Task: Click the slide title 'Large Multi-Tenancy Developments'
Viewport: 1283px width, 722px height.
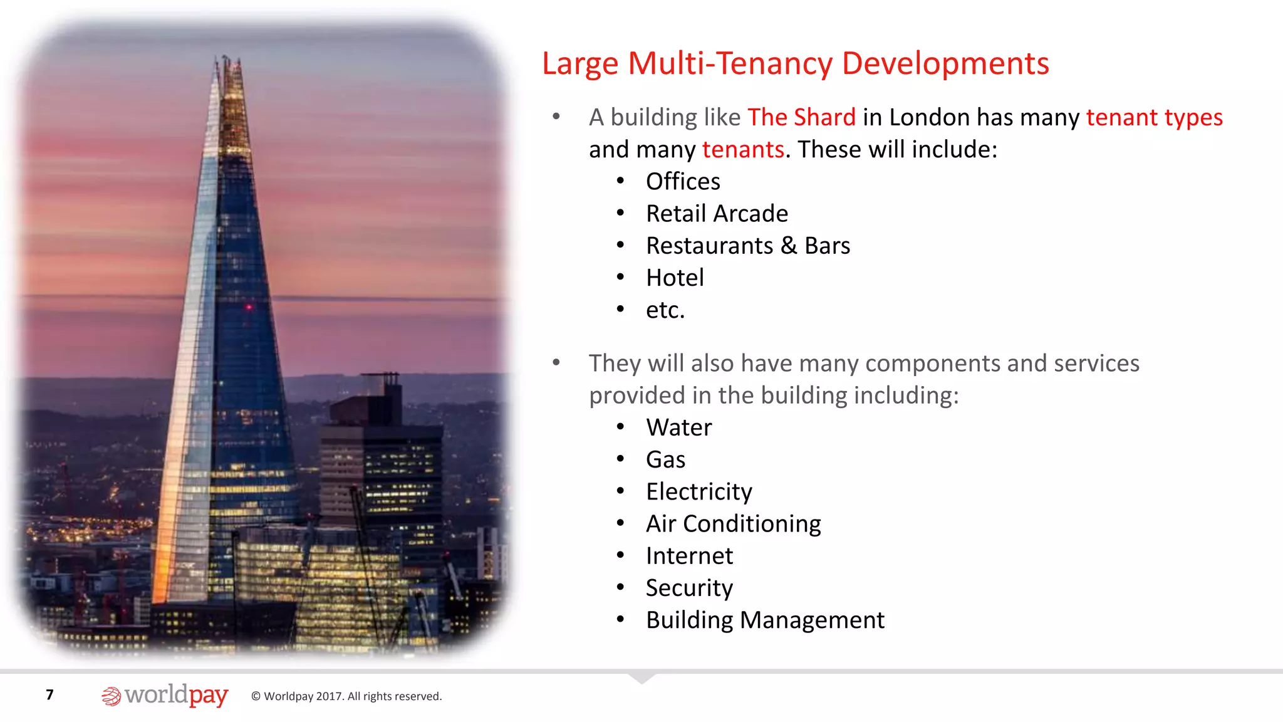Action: click(795, 64)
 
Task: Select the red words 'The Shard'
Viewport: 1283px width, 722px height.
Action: click(801, 118)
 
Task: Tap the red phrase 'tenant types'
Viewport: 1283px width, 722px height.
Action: click(1154, 118)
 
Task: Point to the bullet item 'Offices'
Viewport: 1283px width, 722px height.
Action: click(683, 182)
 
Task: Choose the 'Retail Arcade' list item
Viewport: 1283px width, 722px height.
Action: click(717, 214)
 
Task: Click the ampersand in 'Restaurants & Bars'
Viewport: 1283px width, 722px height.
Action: click(789, 246)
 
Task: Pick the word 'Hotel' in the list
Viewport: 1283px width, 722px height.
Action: click(675, 278)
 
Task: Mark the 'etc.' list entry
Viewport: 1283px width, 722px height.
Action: click(665, 310)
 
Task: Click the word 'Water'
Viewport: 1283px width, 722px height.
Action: click(679, 427)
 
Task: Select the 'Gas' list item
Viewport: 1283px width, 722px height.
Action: click(665, 459)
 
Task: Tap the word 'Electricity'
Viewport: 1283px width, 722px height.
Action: click(699, 492)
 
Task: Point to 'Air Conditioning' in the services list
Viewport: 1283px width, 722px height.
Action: click(733, 524)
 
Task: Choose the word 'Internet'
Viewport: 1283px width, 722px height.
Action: click(689, 556)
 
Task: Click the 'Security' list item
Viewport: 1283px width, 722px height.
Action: click(689, 588)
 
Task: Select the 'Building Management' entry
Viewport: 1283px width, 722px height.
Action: click(765, 620)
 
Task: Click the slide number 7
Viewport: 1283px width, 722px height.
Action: click(50, 694)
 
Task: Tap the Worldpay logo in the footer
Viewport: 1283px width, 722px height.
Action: click(165, 696)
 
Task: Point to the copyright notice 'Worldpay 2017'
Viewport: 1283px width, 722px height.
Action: click(346, 696)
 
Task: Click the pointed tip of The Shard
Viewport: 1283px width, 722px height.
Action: click(226, 58)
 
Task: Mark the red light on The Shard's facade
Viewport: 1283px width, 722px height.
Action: click(249, 307)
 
